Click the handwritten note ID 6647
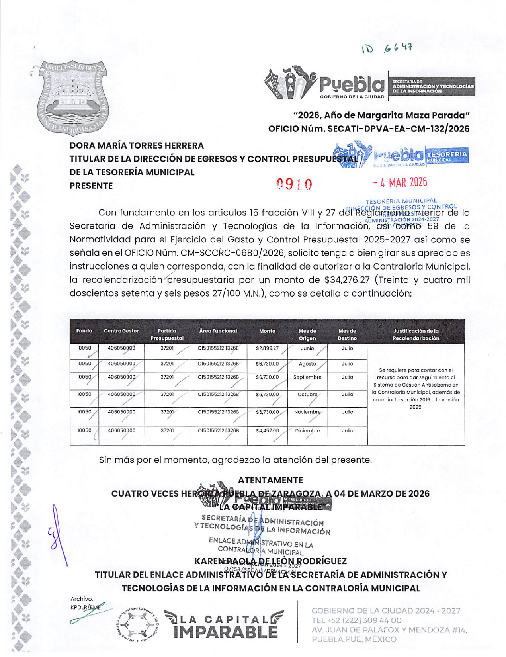387,48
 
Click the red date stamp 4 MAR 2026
400,182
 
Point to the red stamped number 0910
294,184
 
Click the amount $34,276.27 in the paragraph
347,280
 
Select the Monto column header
267,331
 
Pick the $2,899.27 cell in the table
267,348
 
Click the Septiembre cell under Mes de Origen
307,377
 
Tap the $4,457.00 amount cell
267,431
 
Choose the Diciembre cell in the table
307,431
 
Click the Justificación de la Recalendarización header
416,335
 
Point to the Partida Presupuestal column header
167,335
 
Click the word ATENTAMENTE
270,480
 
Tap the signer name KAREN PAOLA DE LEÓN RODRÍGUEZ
270,561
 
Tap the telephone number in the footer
356,620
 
